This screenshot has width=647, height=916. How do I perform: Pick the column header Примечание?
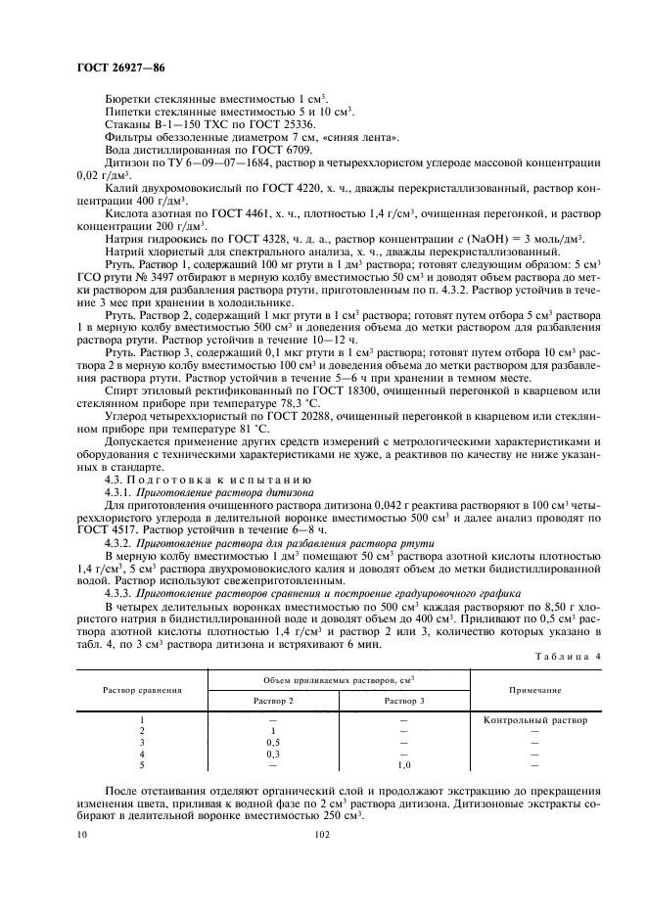pyautogui.click(x=535, y=690)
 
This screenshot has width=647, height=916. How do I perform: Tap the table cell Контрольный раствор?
pyautogui.click(x=535, y=721)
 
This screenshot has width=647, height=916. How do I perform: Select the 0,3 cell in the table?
pyautogui.click(x=273, y=755)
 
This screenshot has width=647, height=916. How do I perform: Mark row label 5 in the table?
pyautogui.click(x=143, y=766)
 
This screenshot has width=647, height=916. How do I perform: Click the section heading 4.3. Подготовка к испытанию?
pyautogui.click(x=208, y=481)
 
